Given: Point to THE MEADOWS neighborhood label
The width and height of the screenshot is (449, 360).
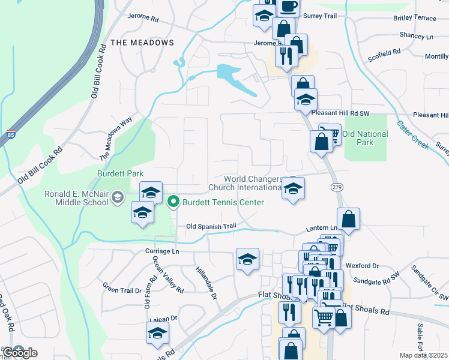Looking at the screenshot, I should pyautogui.click(x=142, y=43).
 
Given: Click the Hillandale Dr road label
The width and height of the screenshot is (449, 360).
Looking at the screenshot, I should pyautogui.click(x=205, y=283).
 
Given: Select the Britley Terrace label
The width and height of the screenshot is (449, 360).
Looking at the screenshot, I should pyautogui.click(x=415, y=18).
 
